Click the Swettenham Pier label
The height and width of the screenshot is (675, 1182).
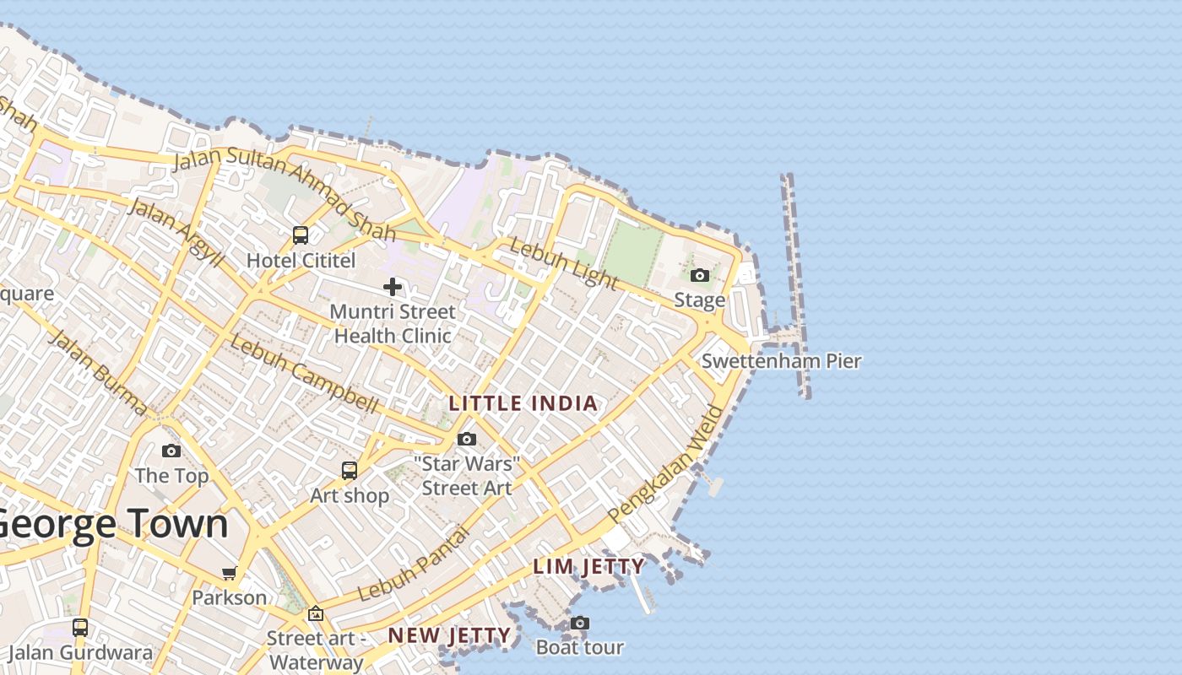click(x=781, y=361)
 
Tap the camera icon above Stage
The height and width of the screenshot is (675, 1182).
click(x=700, y=275)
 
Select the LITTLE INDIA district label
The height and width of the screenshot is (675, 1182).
click(x=523, y=403)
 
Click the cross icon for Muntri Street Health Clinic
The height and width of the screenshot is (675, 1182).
click(x=393, y=287)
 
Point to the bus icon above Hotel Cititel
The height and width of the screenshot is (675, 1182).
click(x=301, y=235)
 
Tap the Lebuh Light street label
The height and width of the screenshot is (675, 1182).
click(x=564, y=262)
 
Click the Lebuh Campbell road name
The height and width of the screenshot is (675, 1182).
click(x=304, y=375)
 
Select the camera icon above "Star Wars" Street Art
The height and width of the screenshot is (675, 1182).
click(x=467, y=439)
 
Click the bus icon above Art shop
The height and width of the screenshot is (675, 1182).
click(x=350, y=470)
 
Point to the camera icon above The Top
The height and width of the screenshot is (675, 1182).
click(x=171, y=451)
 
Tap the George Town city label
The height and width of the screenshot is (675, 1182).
click(x=111, y=523)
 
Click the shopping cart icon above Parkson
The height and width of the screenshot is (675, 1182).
click(x=230, y=574)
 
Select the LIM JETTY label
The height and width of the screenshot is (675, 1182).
click(x=588, y=566)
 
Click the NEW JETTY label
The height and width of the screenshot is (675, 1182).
click(x=449, y=635)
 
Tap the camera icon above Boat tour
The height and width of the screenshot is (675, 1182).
click(x=579, y=624)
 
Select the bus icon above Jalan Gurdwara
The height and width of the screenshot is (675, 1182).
click(x=80, y=627)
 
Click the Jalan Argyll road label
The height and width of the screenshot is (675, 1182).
click(x=176, y=233)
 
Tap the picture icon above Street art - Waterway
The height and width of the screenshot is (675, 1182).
click(x=316, y=613)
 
